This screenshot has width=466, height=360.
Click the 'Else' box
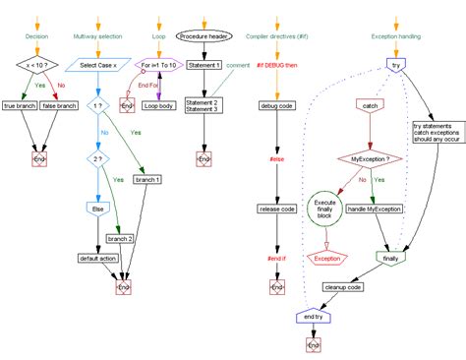(x=98, y=210)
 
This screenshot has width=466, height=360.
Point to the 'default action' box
(x=98, y=259)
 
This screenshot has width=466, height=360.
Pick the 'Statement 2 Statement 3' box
(x=204, y=105)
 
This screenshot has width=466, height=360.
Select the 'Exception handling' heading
(x=397, y=36)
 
